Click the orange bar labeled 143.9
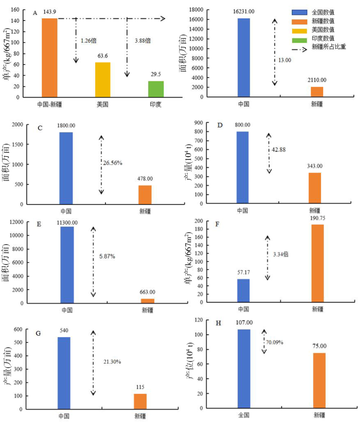coord(49,58)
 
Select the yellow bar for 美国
coord(102,80)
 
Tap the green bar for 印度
coord(156,89)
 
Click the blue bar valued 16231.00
coord(244,58)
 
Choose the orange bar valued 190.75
coord(317,264)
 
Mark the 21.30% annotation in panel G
coord(112,362)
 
